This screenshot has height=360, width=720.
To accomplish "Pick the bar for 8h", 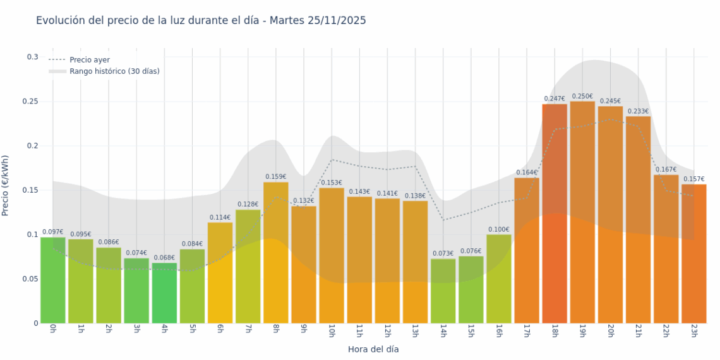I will [275, 253].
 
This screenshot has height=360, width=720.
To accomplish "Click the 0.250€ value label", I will [582, 96].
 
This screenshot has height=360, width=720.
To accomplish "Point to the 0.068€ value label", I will [164, 258].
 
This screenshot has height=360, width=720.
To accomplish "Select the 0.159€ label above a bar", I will [275, 177].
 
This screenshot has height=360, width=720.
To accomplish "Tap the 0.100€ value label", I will [498, 229].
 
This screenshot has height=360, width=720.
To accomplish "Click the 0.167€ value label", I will [666, 169].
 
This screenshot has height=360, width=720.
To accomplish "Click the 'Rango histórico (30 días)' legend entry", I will [114, 71].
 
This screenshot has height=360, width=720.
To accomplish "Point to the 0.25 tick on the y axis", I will [30, 102].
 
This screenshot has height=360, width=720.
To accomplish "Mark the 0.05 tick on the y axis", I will [30, 279].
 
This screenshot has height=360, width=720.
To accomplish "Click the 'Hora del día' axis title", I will [373, 349].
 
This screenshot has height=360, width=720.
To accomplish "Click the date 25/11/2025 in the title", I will [337, 21].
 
